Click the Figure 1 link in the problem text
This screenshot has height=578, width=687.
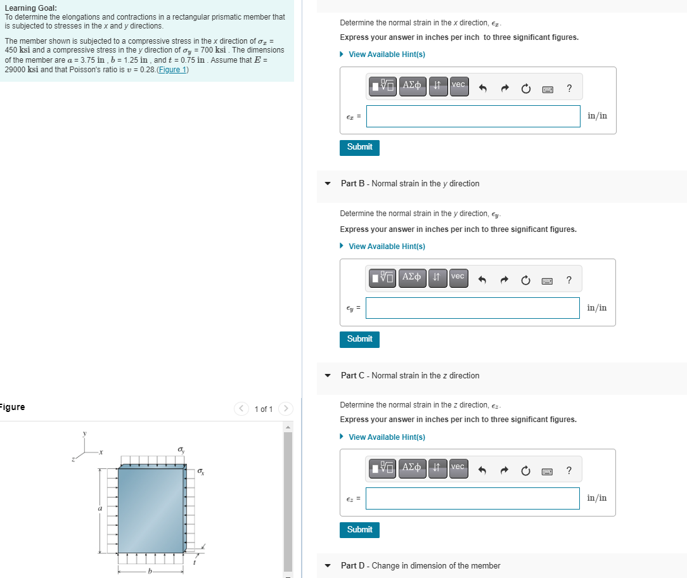[172, 69]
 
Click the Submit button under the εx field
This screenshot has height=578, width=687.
[359, 147]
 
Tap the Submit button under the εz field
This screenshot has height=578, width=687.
[359, 530]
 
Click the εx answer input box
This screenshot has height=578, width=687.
[473, 116]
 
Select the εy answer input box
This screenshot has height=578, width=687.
[473, 308]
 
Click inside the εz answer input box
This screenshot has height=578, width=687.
[473, 498]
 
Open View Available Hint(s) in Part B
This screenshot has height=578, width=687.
[387, 246]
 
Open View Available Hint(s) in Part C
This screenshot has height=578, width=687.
[387, 437]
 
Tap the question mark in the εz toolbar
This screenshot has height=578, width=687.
[569, 470]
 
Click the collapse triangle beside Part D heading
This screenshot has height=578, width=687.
[328, 566]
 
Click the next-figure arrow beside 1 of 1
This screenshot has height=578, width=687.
[286, 409]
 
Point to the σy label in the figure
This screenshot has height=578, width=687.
[182, 449]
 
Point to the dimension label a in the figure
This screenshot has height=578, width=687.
[100, 508]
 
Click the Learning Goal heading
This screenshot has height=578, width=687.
[30, 8]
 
